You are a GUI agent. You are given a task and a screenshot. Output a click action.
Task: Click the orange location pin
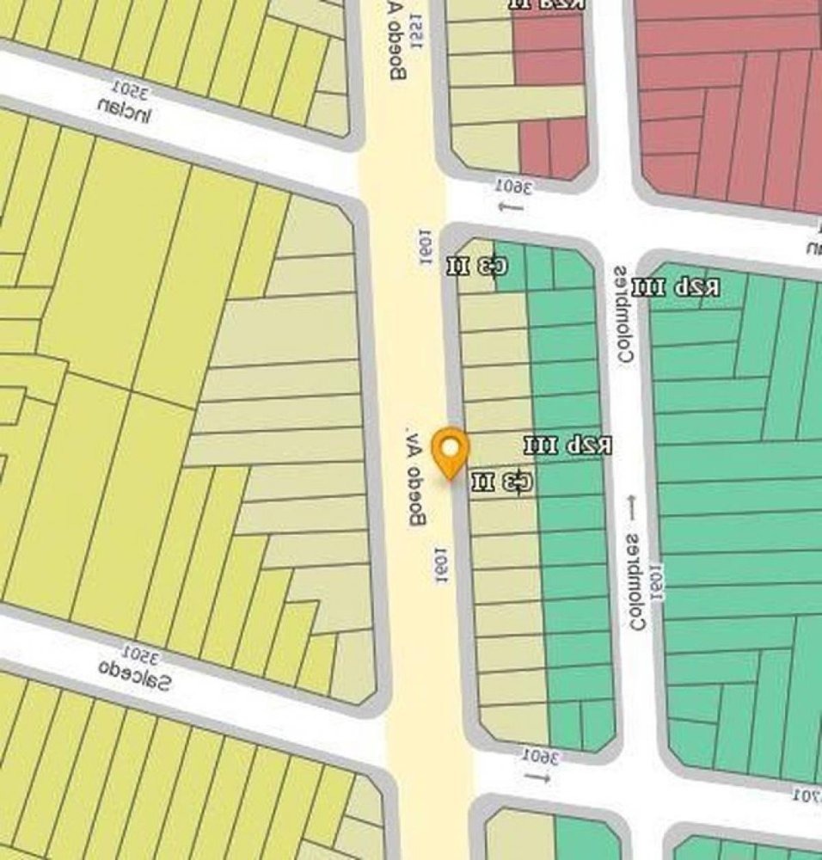450,451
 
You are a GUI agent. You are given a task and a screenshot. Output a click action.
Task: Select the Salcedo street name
135,674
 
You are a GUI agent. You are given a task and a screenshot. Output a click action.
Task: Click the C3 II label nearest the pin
502,482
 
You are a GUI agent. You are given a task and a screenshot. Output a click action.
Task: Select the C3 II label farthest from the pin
477,266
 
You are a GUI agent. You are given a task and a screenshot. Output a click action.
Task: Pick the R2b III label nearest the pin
568,445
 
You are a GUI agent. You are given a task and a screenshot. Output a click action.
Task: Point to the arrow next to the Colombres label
634,507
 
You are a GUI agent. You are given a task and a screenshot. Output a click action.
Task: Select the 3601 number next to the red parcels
513,186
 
